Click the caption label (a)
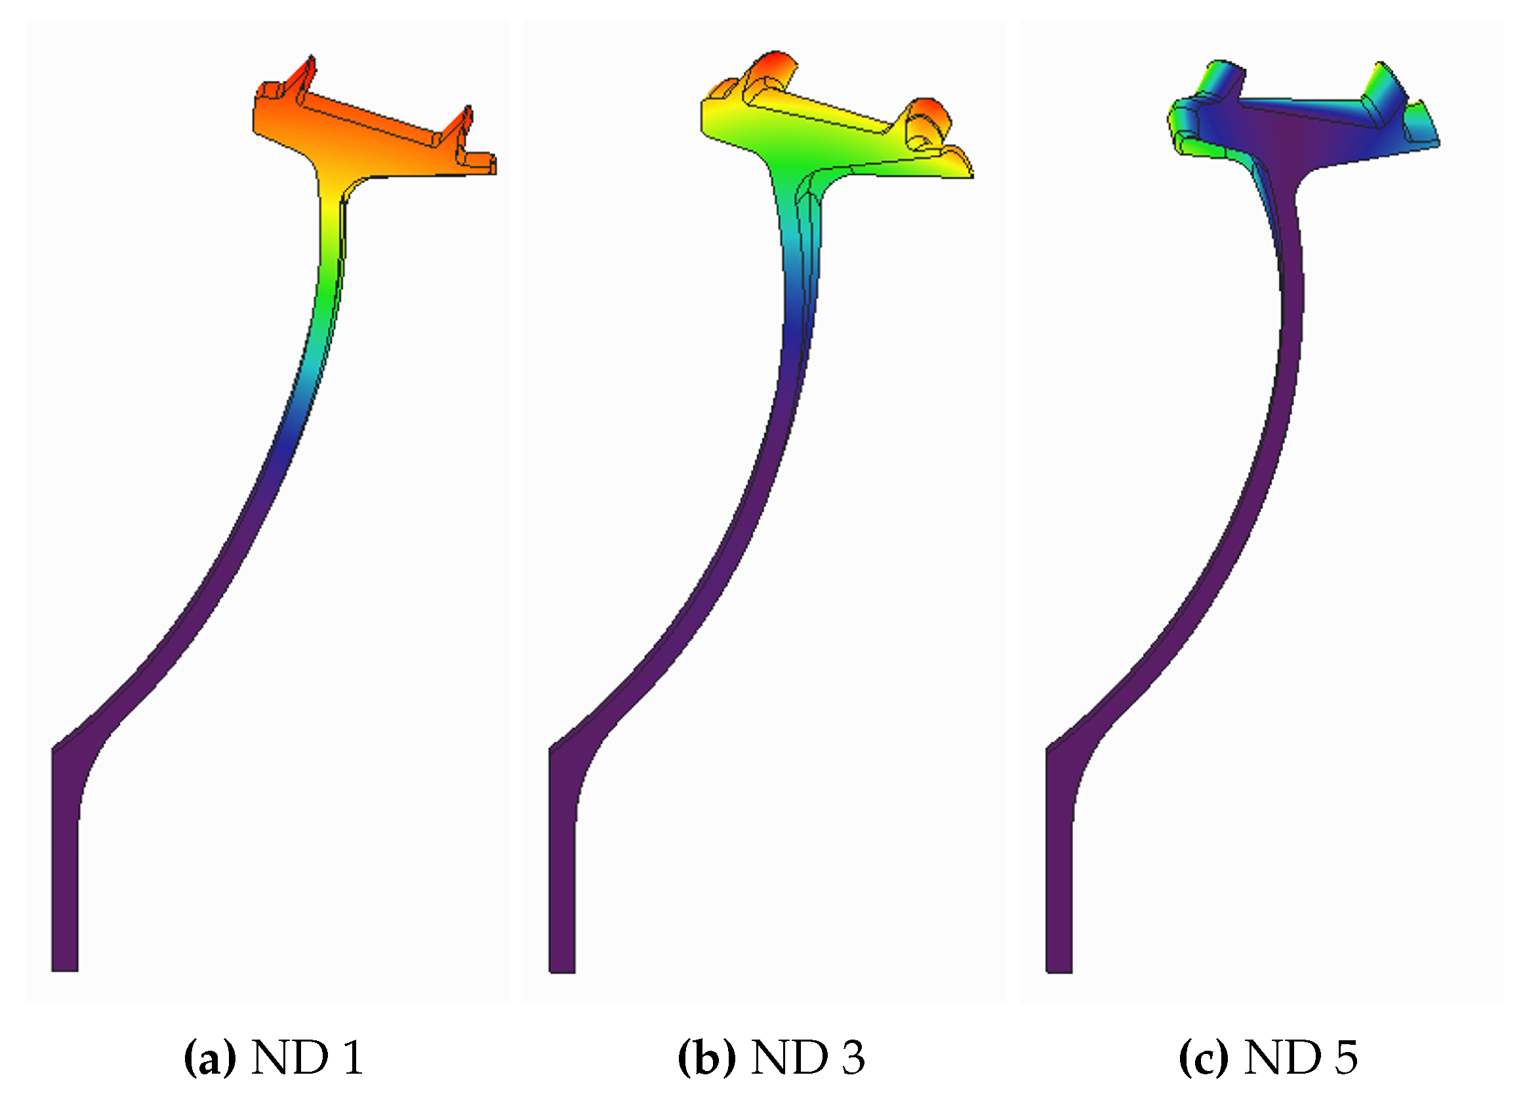210,1057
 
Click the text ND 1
307,1057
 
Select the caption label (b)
706,1057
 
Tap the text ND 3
807,1057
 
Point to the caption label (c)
1204,1057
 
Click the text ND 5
1301,1057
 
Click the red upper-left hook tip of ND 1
306,66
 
